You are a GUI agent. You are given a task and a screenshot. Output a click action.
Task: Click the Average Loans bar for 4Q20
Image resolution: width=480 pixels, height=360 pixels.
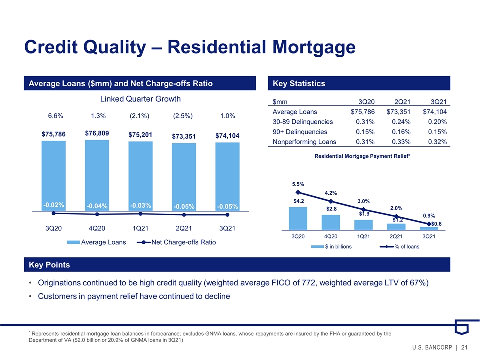click(97, 175)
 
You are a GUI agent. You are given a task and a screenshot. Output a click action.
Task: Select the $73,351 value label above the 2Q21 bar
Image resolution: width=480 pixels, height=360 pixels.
click(184, 136)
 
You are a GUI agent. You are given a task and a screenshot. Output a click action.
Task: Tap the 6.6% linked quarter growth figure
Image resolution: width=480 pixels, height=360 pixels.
click(55, 116)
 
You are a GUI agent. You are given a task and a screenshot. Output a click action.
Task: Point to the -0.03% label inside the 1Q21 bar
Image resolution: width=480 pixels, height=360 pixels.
click(140, 205)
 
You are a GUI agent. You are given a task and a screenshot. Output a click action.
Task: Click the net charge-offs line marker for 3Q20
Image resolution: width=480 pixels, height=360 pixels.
click(54, 213)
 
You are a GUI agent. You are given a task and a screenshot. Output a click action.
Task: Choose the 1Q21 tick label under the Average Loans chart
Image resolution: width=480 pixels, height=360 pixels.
click(140, 228)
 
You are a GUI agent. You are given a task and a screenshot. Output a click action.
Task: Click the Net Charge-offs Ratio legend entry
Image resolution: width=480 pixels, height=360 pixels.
click(176, 242)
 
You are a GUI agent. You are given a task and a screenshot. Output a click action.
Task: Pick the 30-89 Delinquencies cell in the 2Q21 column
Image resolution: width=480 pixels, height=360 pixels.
click(401, 122)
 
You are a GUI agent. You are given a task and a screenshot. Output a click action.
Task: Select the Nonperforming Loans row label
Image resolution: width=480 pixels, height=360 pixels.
click(304, 142)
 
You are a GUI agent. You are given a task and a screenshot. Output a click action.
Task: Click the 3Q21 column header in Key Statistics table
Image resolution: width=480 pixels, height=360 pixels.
click(438, 102)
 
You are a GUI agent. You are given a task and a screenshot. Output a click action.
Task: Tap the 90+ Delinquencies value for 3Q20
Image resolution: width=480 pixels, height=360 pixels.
click(365, 132)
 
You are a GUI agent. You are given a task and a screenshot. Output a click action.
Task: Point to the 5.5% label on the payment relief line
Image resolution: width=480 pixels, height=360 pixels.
click(298, 184)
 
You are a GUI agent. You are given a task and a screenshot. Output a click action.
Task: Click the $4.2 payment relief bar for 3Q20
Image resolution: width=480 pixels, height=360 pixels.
click(298, 218)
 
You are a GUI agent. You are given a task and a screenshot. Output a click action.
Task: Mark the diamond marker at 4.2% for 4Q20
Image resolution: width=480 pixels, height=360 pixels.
click(331, 201)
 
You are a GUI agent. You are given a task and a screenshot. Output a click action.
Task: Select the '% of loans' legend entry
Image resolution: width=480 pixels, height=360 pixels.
click(400, 246)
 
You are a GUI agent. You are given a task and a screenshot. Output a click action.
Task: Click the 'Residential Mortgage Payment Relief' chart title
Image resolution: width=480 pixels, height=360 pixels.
click(362, 156)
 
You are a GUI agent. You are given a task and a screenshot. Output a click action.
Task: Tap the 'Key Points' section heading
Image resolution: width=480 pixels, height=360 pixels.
click(49, 265)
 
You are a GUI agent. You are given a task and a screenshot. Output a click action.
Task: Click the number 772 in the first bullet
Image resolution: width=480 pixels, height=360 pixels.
click(309, 283)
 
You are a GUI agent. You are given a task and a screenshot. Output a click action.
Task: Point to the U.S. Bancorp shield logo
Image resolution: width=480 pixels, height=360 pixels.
click(461, 327)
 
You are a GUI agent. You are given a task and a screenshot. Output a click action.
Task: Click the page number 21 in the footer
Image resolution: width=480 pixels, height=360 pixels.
click(464, 348)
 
